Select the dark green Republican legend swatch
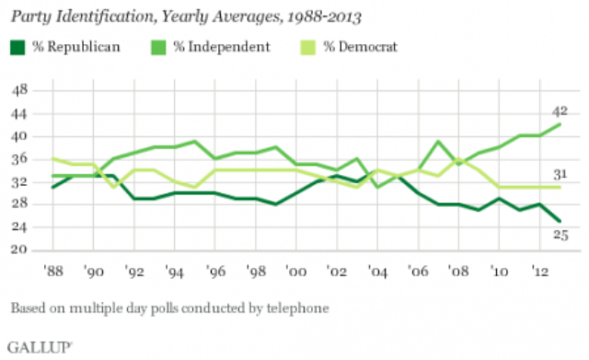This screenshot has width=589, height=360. click(17, 47)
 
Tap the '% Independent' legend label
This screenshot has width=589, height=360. click(222, 47)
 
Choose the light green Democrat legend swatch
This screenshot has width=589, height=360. click(308, 47)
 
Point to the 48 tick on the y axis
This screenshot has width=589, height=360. click(19, 90)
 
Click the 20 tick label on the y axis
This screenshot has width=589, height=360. click(19, 250)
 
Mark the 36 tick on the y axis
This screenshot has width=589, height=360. click(19, 158)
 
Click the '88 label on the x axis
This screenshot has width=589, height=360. click(53, 271)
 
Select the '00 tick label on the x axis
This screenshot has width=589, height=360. click(296, 271)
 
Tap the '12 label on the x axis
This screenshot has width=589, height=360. click(539, 271)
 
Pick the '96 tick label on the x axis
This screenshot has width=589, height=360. click(215, 271)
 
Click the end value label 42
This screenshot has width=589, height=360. click(560, 111)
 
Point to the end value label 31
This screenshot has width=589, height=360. click(560, 174)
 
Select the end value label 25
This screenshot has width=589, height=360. click(560, 235)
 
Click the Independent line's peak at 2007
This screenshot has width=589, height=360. click(438, 141)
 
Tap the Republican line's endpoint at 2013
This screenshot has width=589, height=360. click(560, 221)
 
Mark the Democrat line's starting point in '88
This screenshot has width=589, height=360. click(53, 158)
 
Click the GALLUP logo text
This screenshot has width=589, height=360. click(39, 348)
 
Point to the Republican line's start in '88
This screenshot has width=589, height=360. click(53, 187)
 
